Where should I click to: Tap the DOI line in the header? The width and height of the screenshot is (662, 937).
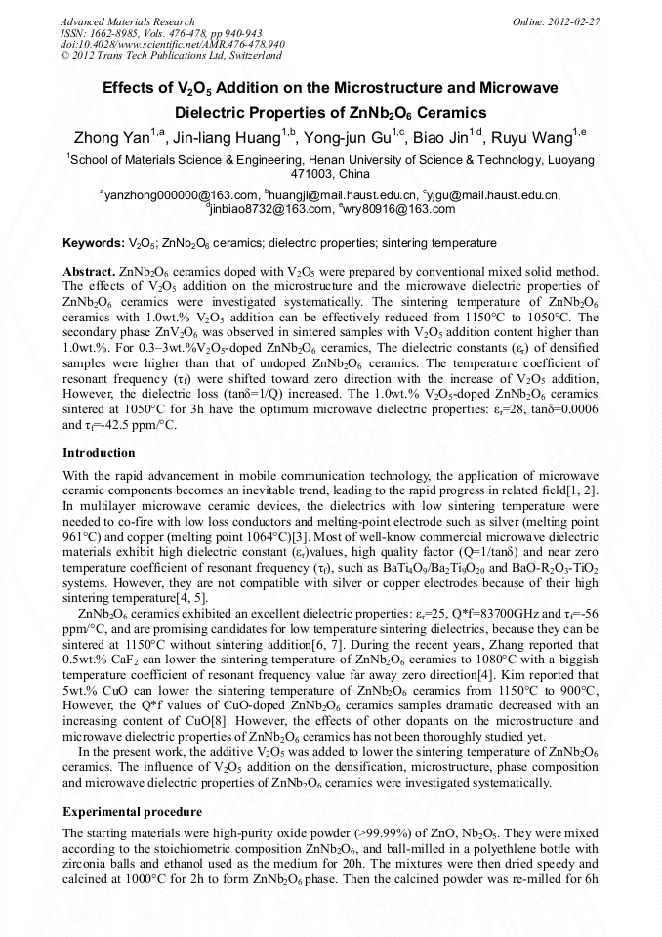(x=173, y=44)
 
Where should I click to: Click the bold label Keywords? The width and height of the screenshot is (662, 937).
(x=94, y=242)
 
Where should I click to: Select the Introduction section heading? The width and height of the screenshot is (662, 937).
(x=99, y=453)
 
